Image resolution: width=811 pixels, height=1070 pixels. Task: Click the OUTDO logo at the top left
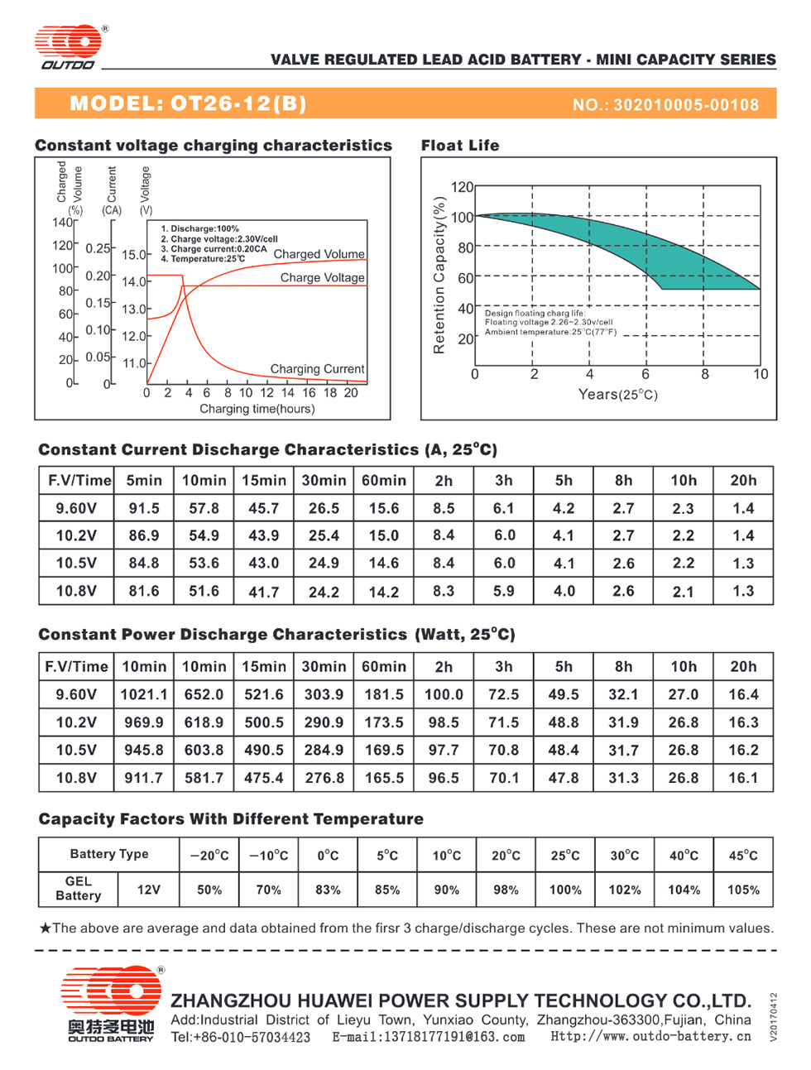(68, 46)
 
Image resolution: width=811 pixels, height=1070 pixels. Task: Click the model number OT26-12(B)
(238, 103)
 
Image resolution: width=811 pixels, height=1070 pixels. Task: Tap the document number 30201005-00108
(686, 105)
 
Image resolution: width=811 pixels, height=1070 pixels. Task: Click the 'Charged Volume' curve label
(319, 254)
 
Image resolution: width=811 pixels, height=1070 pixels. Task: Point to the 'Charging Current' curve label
(317, 369)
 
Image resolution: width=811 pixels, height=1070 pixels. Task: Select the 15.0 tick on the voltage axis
(133, 254)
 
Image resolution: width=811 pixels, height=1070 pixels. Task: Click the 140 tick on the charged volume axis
(62, 223)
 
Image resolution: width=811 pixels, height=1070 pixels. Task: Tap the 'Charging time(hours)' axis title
(257, 409)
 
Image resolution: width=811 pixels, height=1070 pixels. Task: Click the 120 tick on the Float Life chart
(462, 187)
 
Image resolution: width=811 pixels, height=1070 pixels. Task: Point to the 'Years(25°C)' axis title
(617, 395)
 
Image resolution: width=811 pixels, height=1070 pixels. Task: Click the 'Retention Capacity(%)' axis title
(439, 275)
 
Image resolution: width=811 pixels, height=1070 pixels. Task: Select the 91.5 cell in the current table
(144, 508)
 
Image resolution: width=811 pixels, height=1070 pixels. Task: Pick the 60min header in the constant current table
(383, 481)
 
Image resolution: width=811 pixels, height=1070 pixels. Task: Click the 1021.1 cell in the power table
(144, 694)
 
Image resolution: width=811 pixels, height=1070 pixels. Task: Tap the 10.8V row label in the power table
(76, 778)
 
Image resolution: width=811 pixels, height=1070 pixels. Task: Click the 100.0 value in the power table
(444, 694)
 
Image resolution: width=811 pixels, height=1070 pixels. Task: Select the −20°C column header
(209, 856)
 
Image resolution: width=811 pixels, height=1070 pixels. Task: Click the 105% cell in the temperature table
(743, 890)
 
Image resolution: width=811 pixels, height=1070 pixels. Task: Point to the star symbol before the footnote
(46, 928)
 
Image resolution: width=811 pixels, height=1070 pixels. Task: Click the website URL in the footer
(650, 1036)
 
